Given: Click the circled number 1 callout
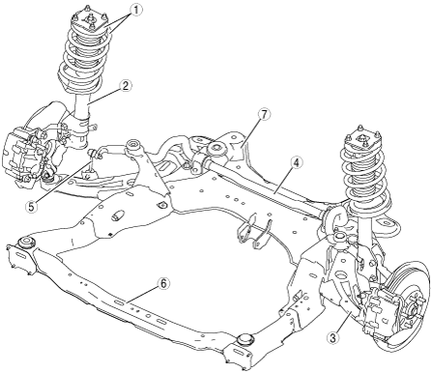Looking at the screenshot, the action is pos(135,10).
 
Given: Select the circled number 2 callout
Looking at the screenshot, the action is pos(125,86).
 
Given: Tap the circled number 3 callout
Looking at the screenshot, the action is pos(332,338).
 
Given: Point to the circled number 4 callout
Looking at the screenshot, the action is pos(297,163).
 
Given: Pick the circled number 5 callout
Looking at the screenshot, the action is pos(31,207).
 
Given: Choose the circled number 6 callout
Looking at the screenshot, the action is pos(163,283).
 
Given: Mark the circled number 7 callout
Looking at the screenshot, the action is pos(264,115).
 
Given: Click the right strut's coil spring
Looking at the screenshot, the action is pos(365,181).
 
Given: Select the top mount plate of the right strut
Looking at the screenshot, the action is pos(362,138).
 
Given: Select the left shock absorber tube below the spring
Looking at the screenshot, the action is pos(81,104).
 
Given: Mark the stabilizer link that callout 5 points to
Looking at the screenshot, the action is pos(91,164).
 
